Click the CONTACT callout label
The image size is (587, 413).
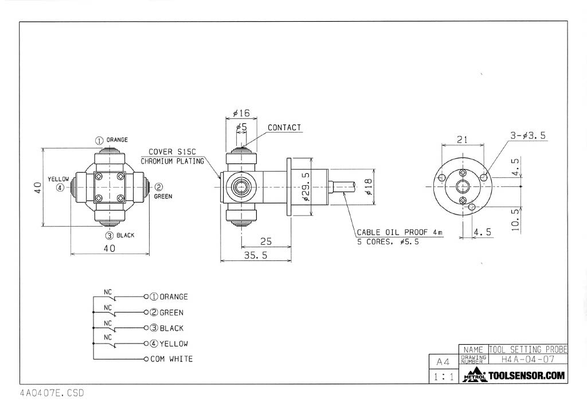point(284,127)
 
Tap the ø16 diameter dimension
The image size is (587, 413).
point(241,113)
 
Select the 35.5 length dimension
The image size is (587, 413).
point(256,256)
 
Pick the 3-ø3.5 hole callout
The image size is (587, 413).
point(528,135)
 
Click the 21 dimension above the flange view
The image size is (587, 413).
point(463,139)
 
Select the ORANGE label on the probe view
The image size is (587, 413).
point(116,139)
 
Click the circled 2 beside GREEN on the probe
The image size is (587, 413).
point(159,186)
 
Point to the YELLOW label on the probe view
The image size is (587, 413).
point(58,178)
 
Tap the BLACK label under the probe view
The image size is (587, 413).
point(125,235)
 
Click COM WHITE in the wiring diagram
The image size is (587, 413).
point(171,359)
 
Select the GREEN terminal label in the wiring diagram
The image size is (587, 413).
point(171,313)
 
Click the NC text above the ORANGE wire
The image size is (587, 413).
point(107,292)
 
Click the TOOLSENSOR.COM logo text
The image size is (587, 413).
point(526,376)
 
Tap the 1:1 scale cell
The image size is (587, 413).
point(443,377)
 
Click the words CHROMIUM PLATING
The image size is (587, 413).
point(172,161)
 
